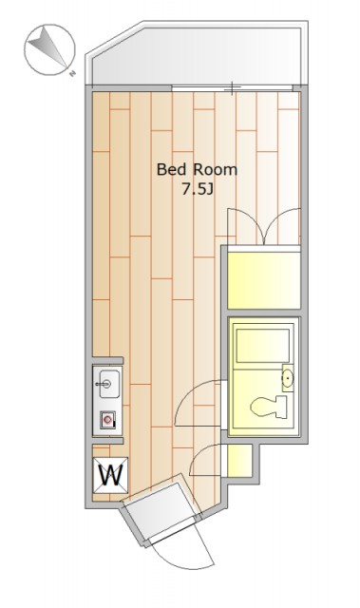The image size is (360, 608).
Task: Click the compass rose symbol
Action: click(x=49, y=49)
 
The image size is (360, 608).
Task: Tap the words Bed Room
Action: click(x=197, y=170)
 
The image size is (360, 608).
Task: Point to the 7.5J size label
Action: click(x=198, y=190)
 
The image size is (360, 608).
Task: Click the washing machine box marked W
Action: click(x=110, y=475)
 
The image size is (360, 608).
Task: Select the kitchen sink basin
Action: click(x=109, y=383)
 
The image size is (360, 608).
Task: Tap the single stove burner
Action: click(x=108, y=420)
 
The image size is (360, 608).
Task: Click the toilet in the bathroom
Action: click(x=269, y=407)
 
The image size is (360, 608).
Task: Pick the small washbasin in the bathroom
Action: click(x=288, y=377)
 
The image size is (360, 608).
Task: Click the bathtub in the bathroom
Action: click(x=263, y=346)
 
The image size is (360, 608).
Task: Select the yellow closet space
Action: click(x=264, y=280)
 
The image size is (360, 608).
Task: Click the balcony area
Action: click(x=197, y=55)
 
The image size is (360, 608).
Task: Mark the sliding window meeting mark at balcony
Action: click(x=232, y=88)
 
